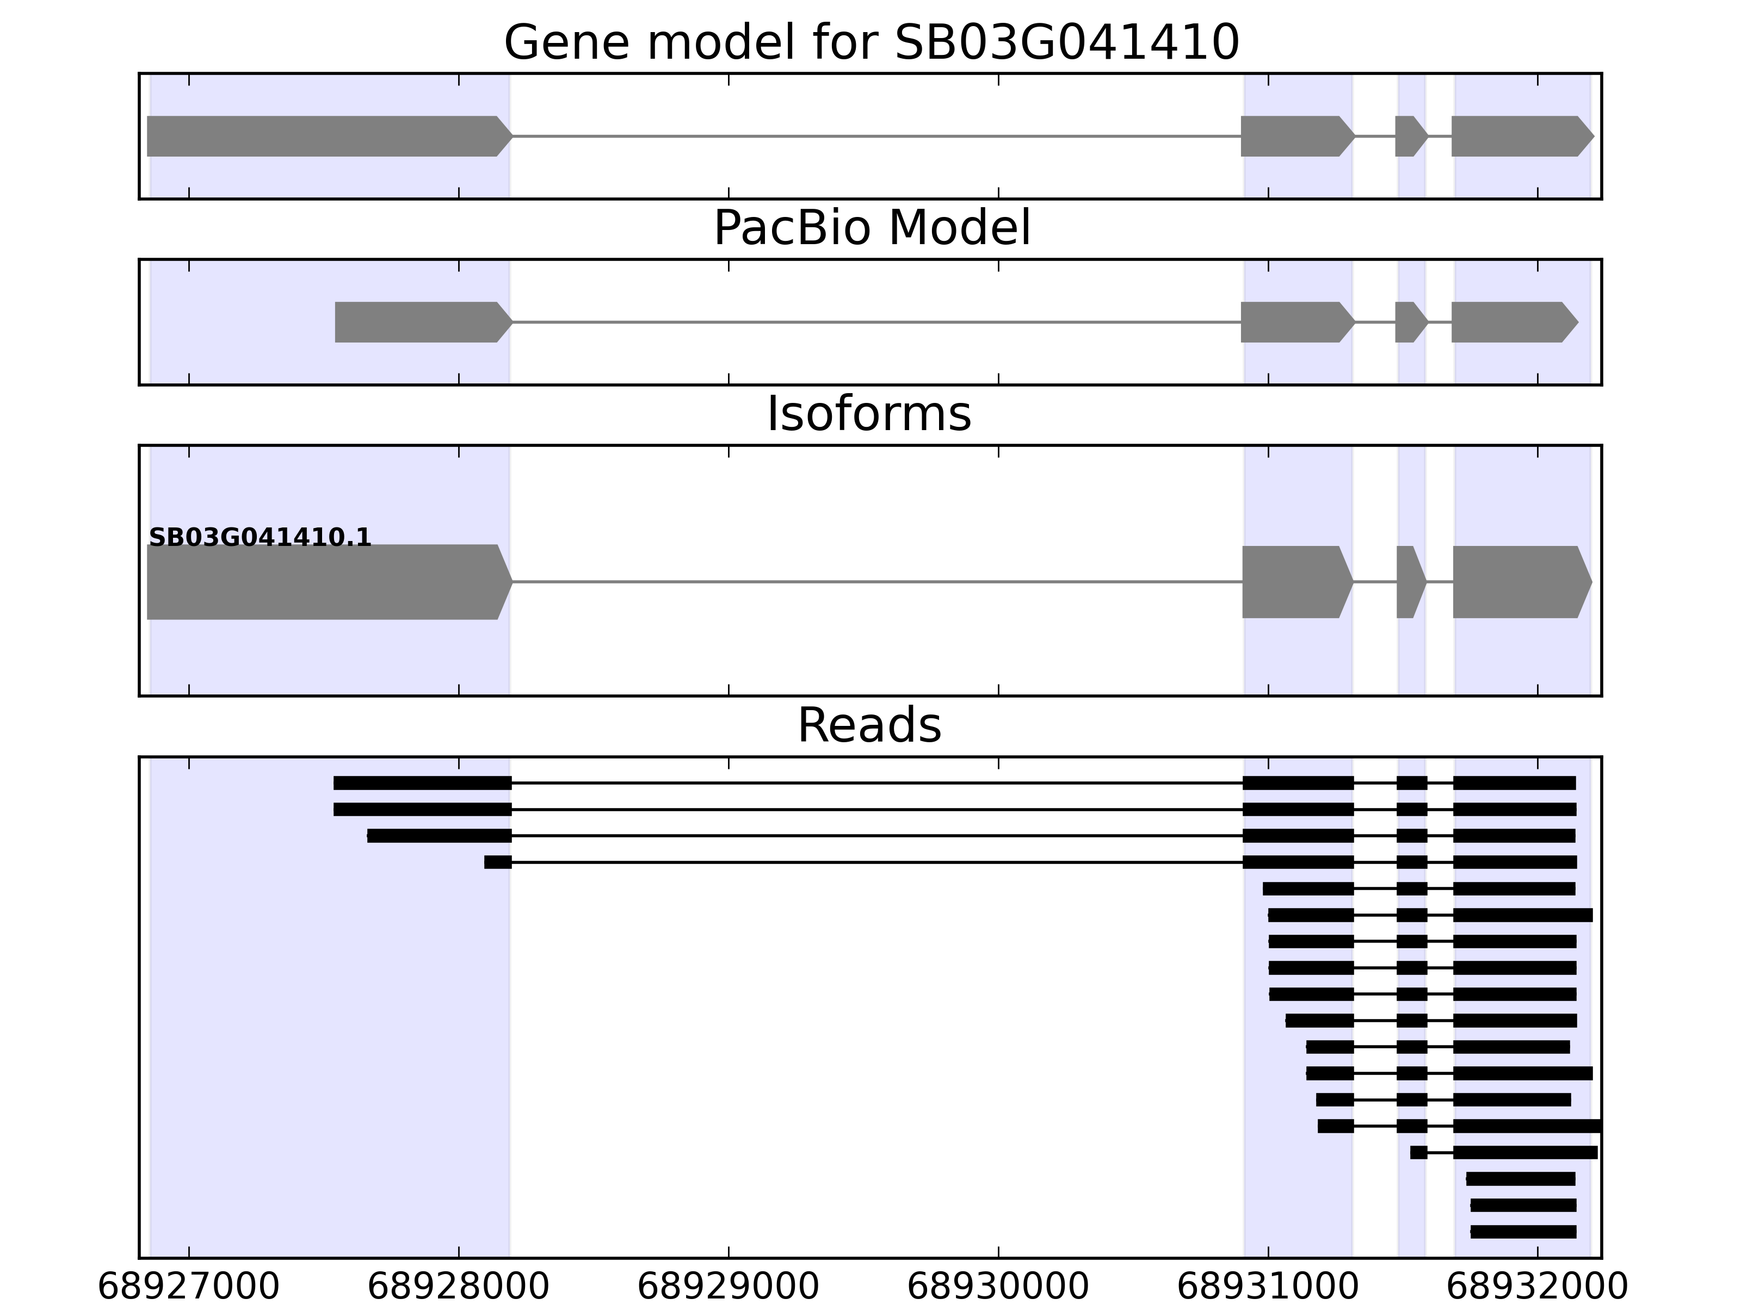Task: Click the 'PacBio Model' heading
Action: coord(870,228)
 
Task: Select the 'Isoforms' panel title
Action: coord(868,414)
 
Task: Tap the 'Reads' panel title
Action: coord(868,725)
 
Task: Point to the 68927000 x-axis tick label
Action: coord(189,1287)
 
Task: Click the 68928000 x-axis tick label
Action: coord(458,1287)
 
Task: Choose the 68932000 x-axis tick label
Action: coord(1537,1287)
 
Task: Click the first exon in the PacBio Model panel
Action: coord(421,322)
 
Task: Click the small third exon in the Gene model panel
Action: coord(1410,136)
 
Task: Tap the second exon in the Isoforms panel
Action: coord(1295,582)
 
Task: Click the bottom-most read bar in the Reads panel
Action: coord(1523,1232)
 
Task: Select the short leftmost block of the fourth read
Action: coord(497,862)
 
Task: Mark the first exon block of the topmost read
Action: coord(423,782)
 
